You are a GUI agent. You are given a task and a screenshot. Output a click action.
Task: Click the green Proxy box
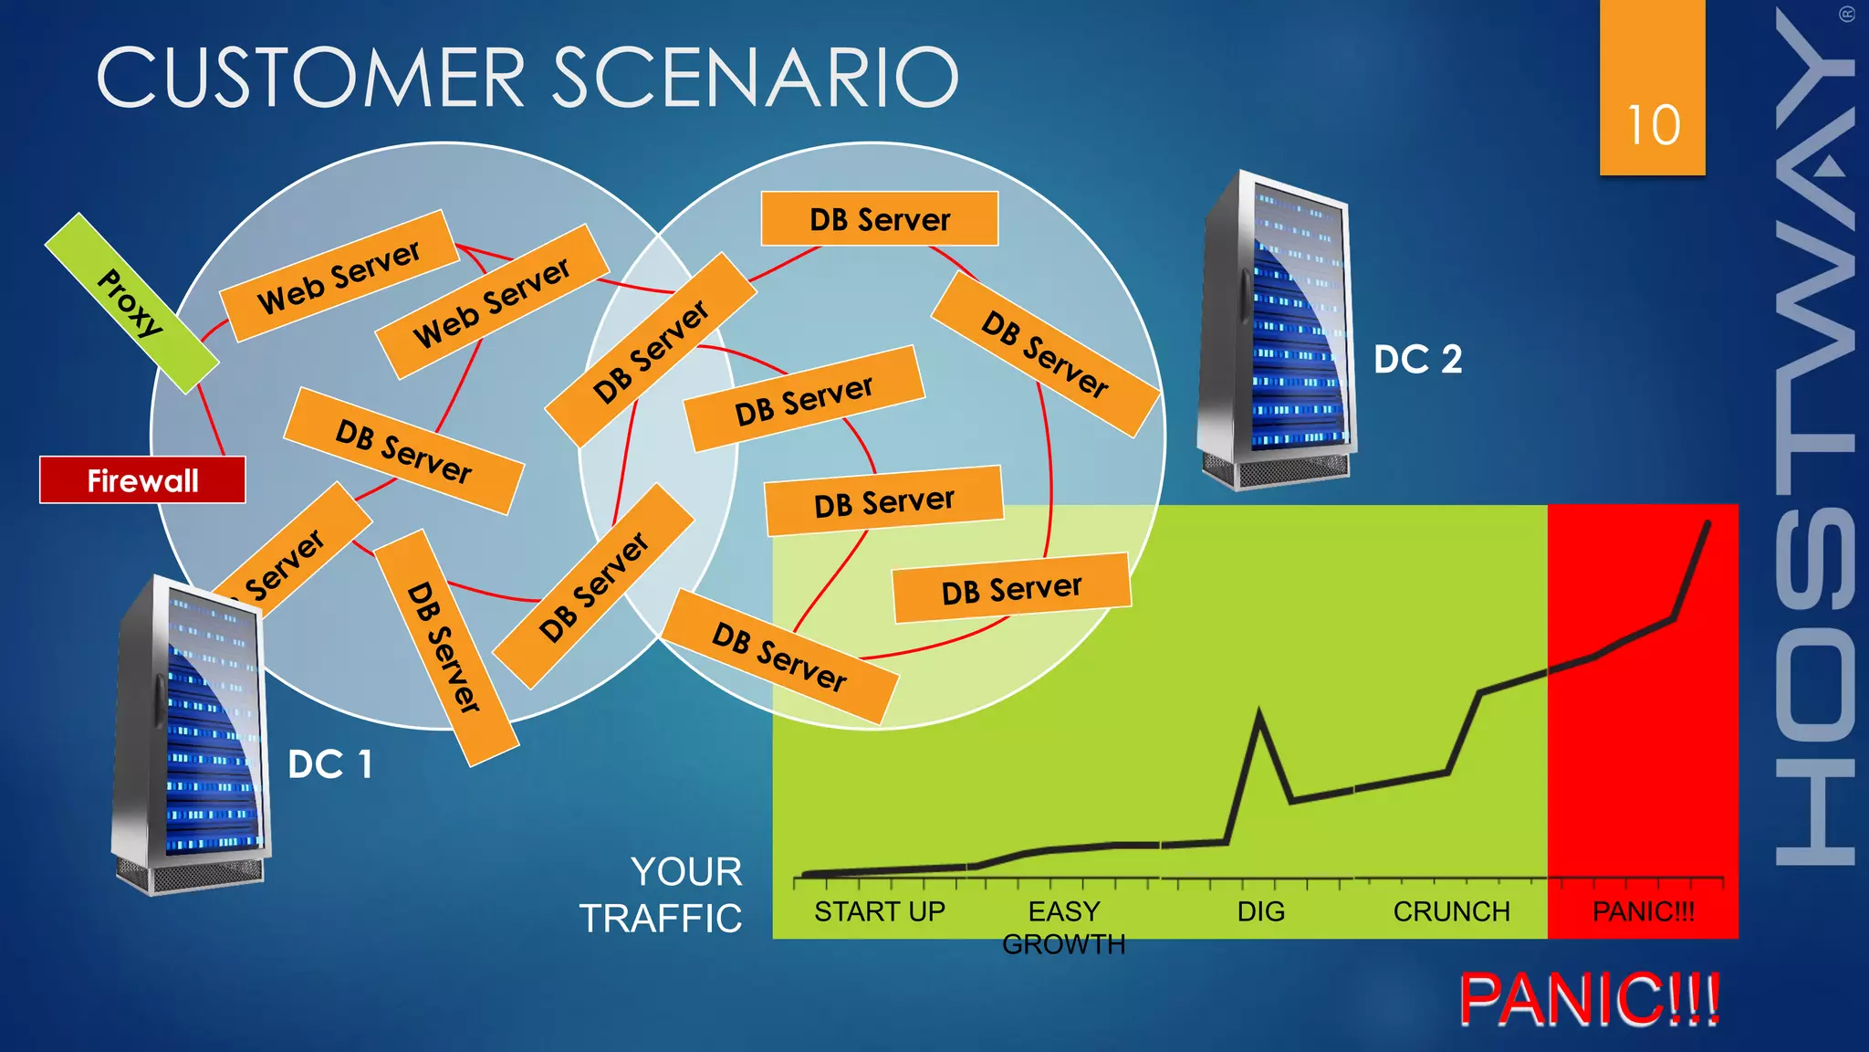click(131, 303)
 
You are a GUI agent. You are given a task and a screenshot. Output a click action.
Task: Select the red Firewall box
click(142, 480)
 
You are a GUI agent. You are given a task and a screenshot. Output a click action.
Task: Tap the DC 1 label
click(329, 764)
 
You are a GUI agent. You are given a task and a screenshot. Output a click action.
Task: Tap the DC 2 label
click(1417, 359)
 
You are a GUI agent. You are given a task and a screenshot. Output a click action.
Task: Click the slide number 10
click(1653, 124)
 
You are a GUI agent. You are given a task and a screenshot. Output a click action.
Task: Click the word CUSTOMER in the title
click(311, 78)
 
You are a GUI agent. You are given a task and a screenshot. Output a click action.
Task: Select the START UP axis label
click(879, 911)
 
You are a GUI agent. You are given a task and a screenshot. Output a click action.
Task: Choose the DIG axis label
click(1260, 911)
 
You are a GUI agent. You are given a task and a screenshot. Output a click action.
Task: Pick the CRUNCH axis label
click(1451, 911)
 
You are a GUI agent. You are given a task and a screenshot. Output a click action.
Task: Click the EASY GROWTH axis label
click(1063, 927)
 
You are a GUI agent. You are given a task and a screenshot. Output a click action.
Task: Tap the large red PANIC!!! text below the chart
click(1589, 1000)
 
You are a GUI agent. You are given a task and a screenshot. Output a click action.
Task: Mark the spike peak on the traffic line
click(1259, 712)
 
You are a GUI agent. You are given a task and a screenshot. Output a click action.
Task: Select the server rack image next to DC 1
click(192, 735)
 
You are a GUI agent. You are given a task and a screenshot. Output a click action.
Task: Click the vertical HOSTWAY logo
click(1814, 438)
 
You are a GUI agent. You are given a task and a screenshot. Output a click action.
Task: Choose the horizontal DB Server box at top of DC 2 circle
click(880, 219)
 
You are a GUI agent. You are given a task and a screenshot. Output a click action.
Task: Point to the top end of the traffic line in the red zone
click(1707, 523)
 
